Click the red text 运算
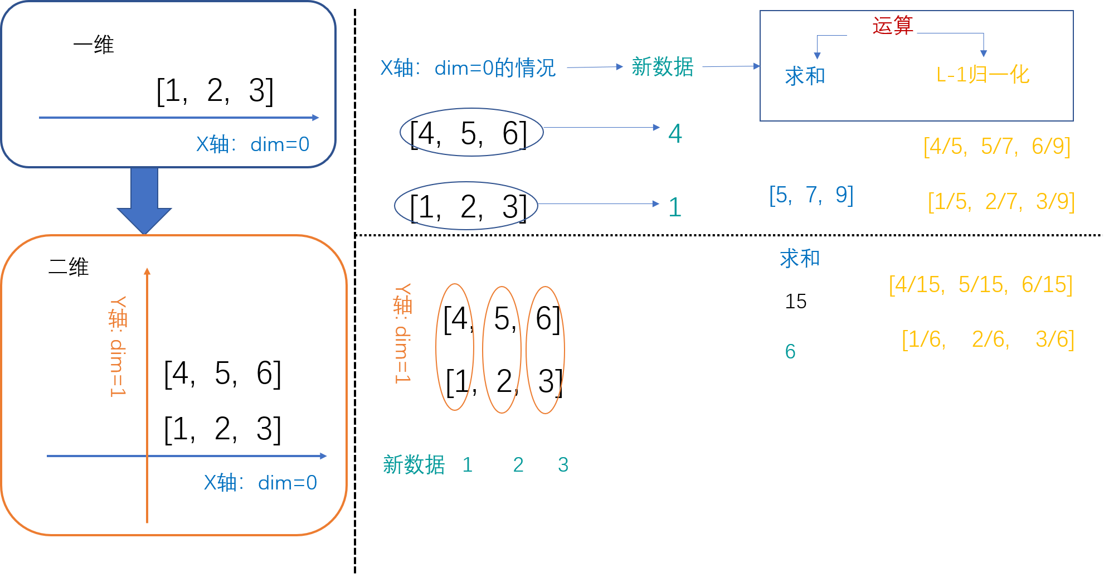click(892, 26)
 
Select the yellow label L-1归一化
click(983, 75)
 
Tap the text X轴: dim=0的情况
click(468, 68)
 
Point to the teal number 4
click(675, 134)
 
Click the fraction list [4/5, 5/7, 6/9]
click(996, 147)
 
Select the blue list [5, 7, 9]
click(811, 195)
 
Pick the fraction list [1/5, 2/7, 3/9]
click(1001, 202)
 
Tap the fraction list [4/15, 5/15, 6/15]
click(980, 285)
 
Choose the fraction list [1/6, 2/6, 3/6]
click(988, 340)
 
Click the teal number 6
click(790, 352)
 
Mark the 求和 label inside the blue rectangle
click(805, 76)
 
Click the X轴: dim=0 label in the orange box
click(260, 483)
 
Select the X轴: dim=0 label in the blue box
click(252, 145)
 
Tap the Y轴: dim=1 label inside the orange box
click(118, 346)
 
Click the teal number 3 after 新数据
click(563, 465)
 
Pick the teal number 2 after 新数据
click(518, 465)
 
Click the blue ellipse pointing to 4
click(471, 132)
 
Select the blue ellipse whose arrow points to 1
click(466, 206)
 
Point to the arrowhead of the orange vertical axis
click(147, 271)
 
